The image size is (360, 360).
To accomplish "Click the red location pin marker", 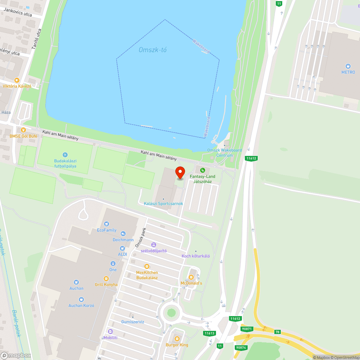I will [x=180, y=173].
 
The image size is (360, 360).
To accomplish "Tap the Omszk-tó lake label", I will [x=153, y=50].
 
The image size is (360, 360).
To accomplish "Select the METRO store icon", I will [x=348, y=66].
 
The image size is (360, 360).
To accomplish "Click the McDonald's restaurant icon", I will [x=191, y=277].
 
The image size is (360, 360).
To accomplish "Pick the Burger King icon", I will [x=177, y=339].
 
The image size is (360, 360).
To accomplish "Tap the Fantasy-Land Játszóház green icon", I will [x=202, y=170].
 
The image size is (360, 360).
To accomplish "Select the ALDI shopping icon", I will [x=122, y=248].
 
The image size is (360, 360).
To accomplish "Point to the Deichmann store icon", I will [x=123, y=234].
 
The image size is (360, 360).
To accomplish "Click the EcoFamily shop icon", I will [x=107, y=224].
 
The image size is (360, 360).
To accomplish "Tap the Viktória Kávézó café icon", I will [x=17, y=80].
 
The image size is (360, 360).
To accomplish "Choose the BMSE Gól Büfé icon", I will [x=23, y=130].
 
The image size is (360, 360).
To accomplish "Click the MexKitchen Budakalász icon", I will [x=147, y=266].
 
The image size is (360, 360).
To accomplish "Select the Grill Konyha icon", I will [x=106, y=278].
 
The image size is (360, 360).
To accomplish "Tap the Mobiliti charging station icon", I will [x=111, y=332].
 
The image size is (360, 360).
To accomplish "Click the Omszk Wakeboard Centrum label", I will [x=224, y=153].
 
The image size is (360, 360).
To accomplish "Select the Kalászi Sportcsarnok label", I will [x=163, y=204].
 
